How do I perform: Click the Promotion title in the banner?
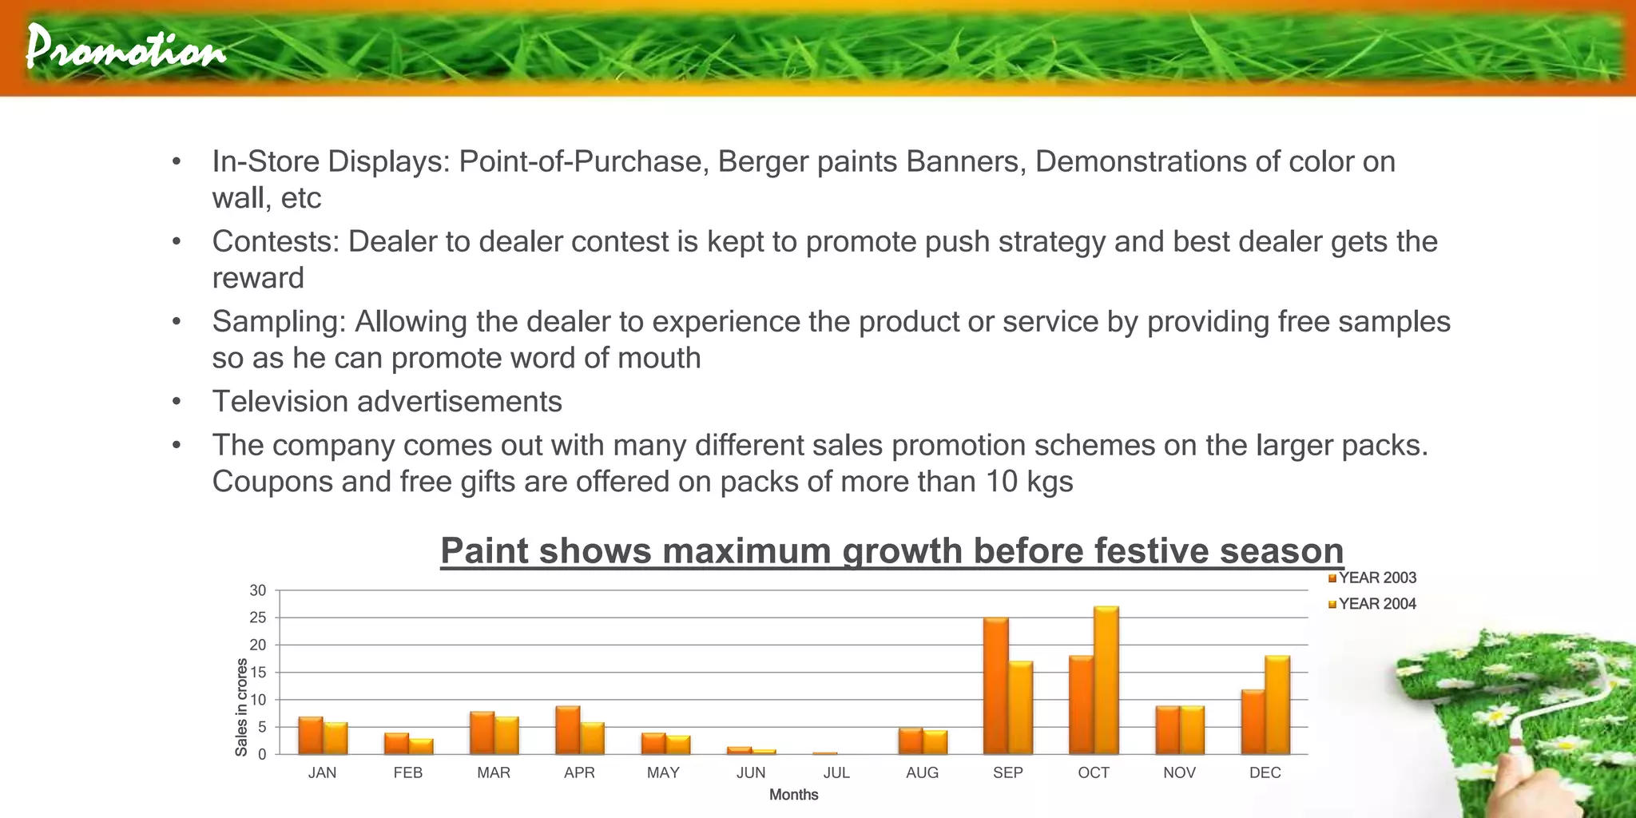[125, 48]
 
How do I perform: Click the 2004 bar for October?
[1106, 680]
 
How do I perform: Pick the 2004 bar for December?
[1277, 705]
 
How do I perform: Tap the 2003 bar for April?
[567, 730]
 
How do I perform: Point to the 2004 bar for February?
[421, 746]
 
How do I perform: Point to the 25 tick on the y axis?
[258, 617]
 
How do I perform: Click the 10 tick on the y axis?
[258, 700]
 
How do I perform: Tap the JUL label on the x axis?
[836, 772]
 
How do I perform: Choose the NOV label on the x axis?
[1179, 772]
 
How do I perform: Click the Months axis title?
[793, 795]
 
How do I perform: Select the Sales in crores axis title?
[241, 707]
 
